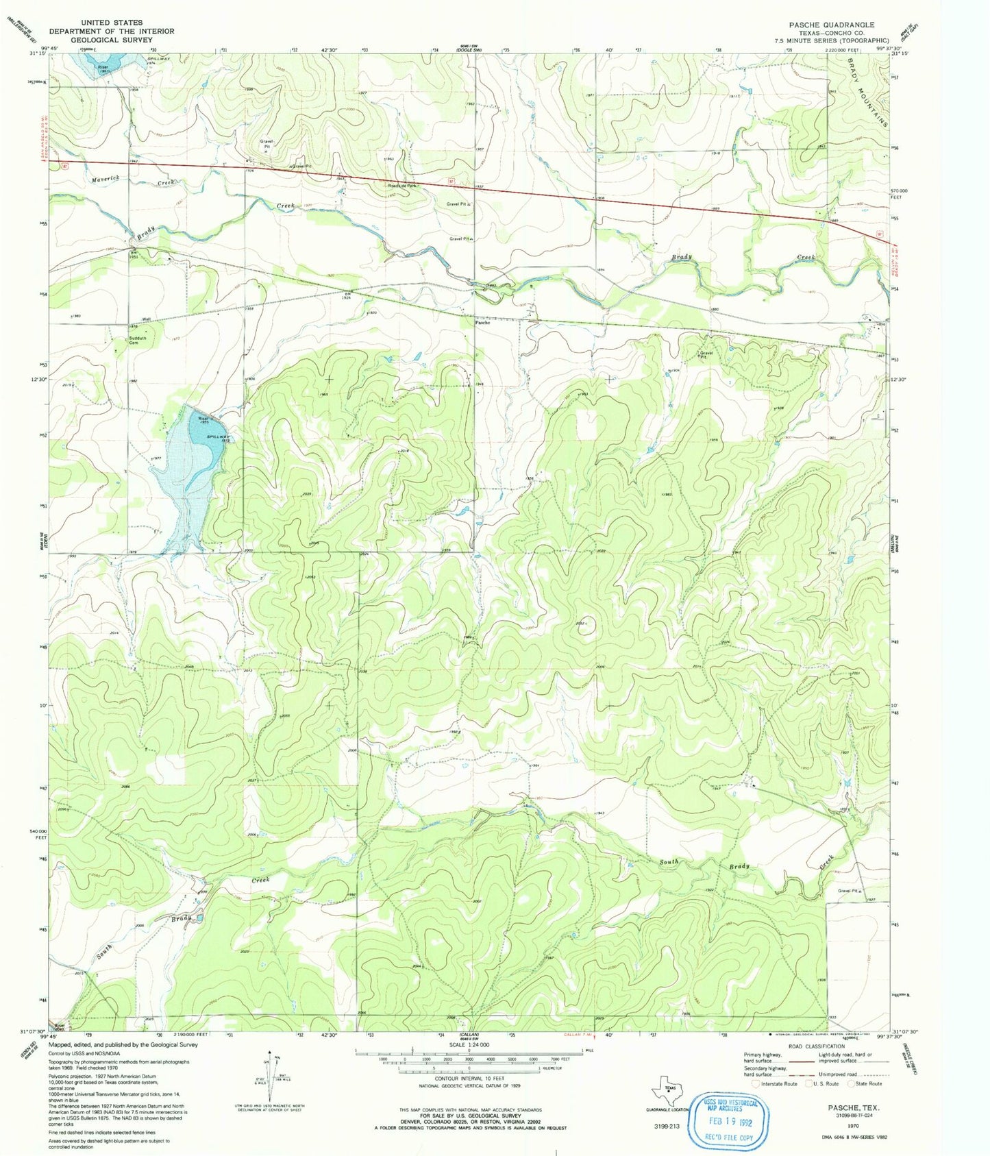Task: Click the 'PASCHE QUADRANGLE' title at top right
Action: click(x=832, y=24)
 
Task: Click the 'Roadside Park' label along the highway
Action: click(x=402, y=186)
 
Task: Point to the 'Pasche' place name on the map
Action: click(x=482, y=322)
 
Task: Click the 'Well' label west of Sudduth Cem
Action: click(x=146, y=319)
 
